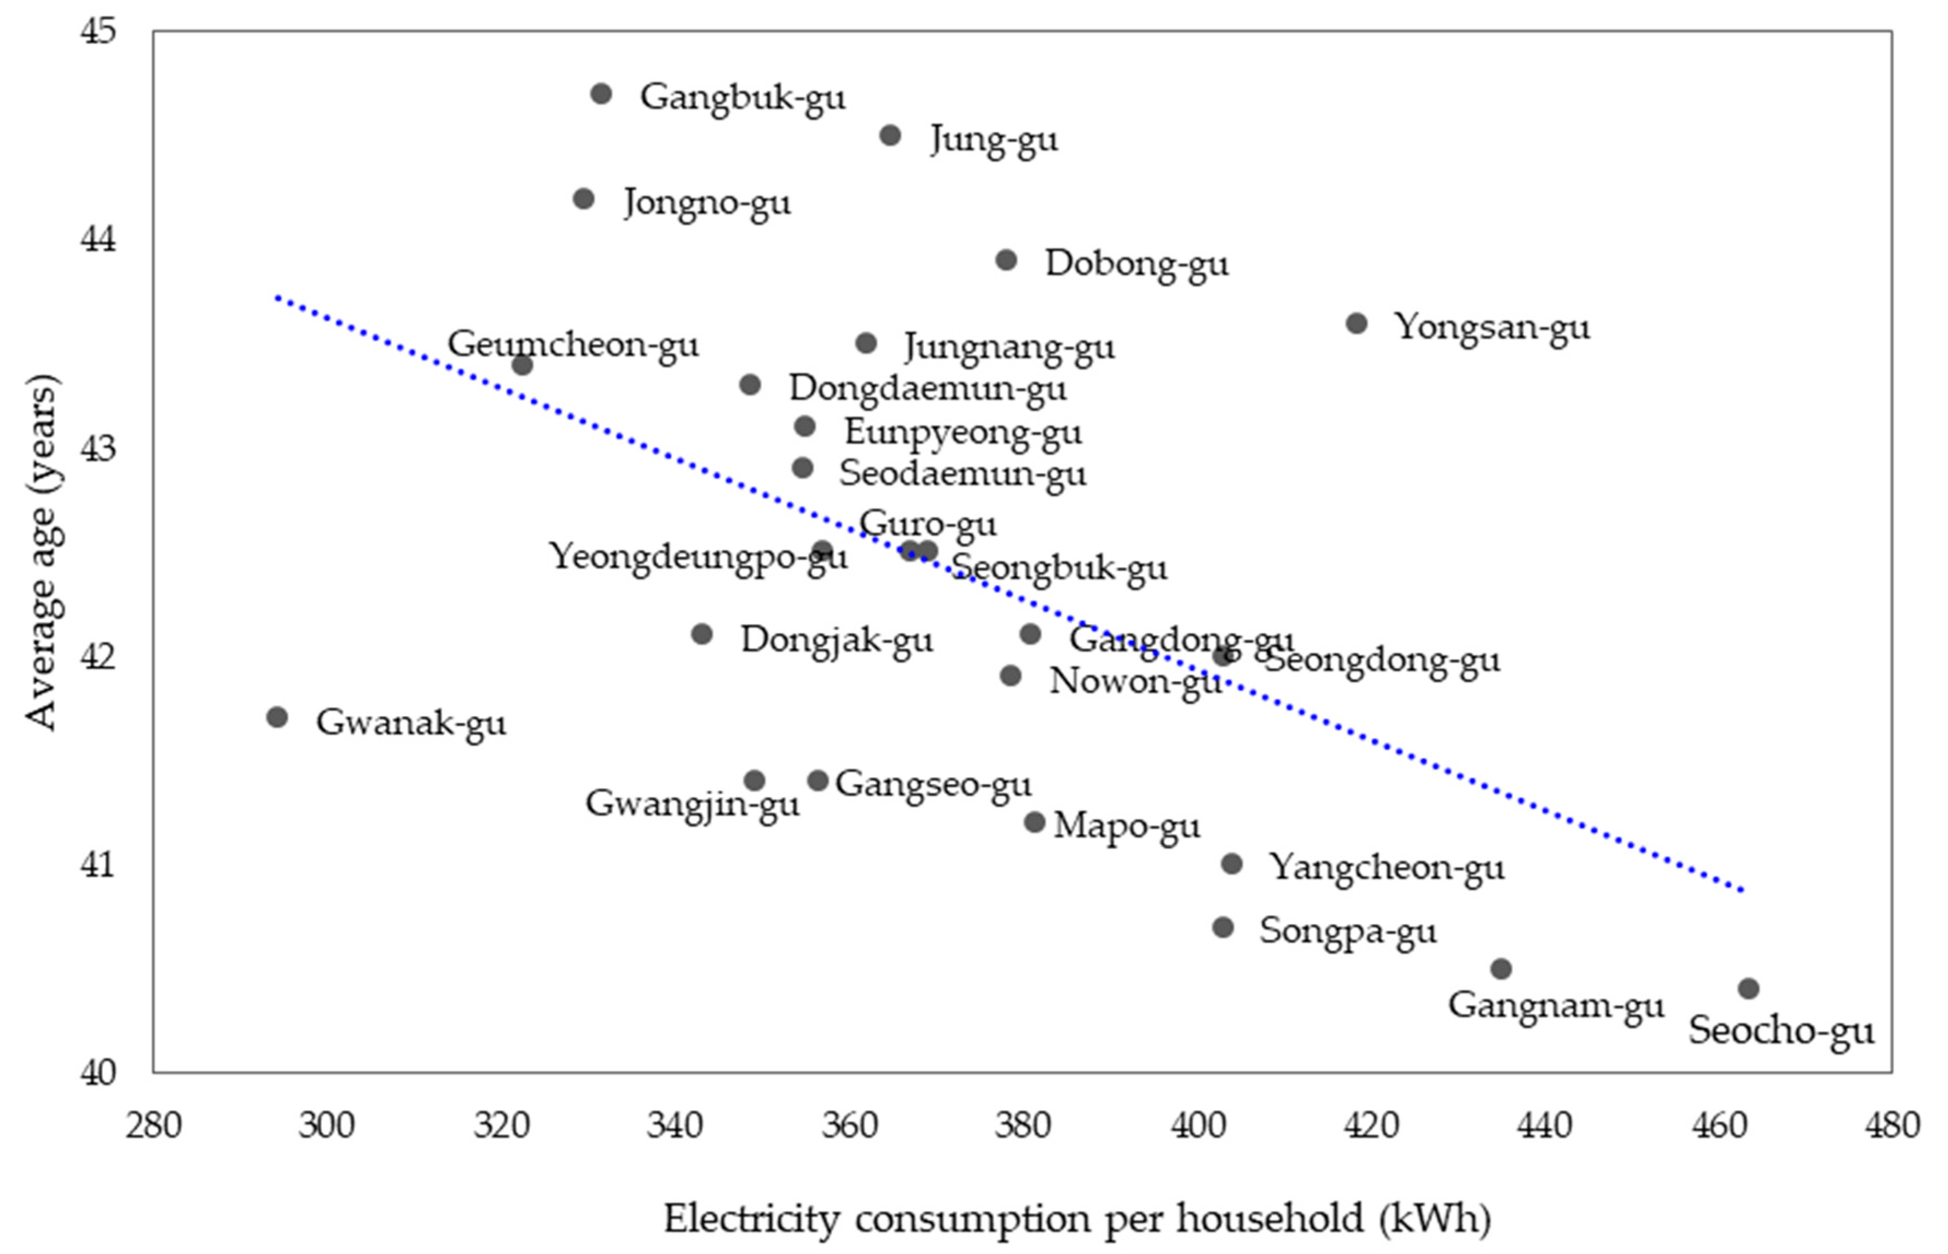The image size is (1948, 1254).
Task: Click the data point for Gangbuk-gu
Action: click(x=601, y=94)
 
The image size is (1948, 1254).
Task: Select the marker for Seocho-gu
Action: click(x=1748, y=989)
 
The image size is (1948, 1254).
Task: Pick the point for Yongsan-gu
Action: click(x=1356, y=323)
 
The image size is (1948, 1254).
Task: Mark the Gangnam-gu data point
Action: click(x=1501, y=969)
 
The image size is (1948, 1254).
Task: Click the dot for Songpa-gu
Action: click(x=1222, y=927)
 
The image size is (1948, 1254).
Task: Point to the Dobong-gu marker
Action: click(x=1007, y=260)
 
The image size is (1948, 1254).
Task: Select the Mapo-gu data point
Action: click(x=1034, y=822)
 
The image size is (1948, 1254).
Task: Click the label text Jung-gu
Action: click(x=994, y=140)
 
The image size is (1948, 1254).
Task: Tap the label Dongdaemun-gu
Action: click(x=927, y=388)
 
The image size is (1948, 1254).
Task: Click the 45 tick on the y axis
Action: click(x=98, y=32)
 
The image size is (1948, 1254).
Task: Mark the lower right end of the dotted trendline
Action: click(x=1741, y=890)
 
